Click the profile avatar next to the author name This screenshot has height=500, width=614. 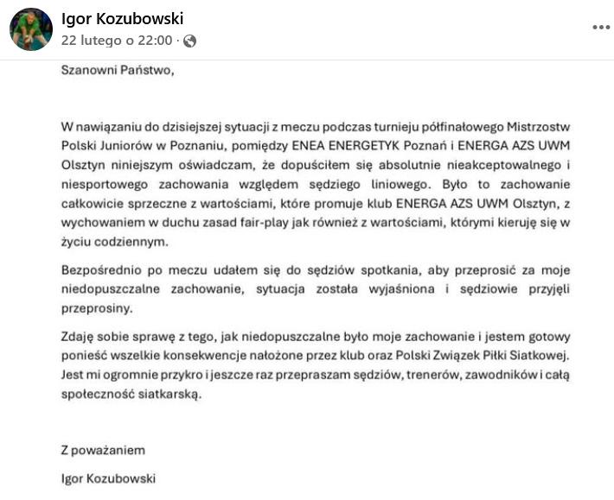coord(30,30)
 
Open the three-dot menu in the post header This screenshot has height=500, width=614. coord(601,27)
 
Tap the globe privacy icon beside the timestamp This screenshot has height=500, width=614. coord(189,41)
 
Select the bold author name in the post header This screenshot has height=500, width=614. coord(122,19)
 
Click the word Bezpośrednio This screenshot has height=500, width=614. coord(100,269)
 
